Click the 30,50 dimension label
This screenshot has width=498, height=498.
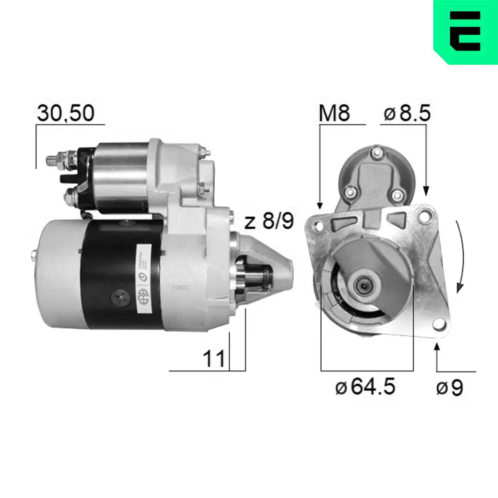(65, 114)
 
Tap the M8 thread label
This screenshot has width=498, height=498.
(334, 114)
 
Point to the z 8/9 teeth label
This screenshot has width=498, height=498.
(269, 221)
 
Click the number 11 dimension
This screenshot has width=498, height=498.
(214, 359)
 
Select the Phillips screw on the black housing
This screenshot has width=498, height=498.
(121, 298)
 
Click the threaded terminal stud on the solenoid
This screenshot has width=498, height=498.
(52, 160)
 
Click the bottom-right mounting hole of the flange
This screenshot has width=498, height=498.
(438, 325)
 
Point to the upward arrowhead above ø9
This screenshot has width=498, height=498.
(437, 347)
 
